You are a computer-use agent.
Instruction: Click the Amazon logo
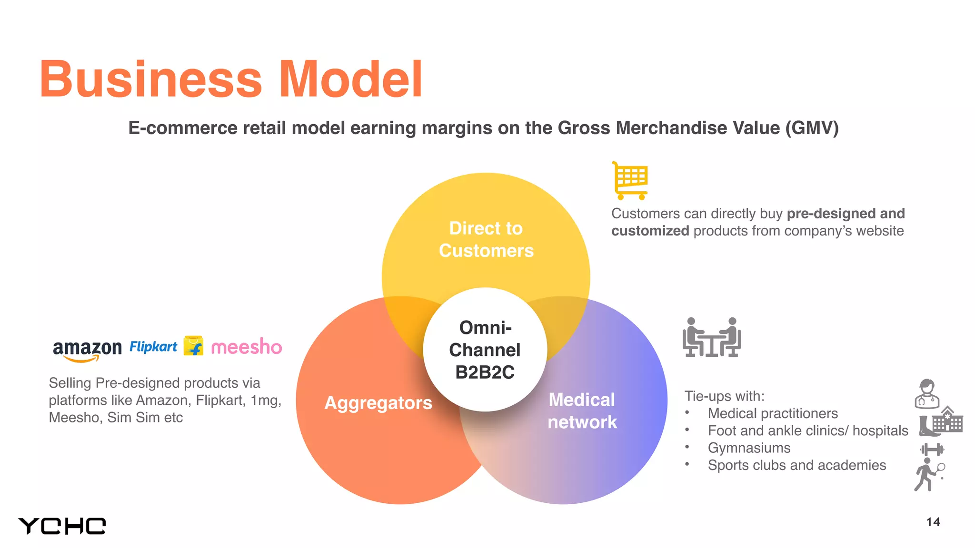[87, 350]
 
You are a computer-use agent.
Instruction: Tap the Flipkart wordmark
[153, 347]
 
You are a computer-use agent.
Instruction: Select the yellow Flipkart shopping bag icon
[193, 346]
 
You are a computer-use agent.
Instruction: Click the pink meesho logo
[246, 347]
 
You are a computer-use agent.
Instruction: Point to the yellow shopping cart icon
[630, 180]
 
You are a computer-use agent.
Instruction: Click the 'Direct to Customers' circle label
[486, 239]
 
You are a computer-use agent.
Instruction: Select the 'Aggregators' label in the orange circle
[378, 403]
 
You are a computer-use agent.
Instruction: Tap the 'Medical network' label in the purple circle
[582, 411]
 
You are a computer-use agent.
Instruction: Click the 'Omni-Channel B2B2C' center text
[485, 350]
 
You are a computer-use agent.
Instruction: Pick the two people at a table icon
[712, 337]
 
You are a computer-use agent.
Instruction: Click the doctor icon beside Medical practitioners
[926, 394]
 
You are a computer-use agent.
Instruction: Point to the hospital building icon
[947, 420]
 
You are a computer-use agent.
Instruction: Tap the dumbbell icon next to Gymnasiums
[932, 449]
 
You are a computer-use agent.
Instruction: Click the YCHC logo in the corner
[62, 526]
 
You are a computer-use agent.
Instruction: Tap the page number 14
[933, 522]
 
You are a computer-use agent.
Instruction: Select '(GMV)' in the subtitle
[812, 128]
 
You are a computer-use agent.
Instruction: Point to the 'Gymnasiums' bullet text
[749, 448]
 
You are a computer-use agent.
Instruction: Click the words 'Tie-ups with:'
[724, 396]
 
